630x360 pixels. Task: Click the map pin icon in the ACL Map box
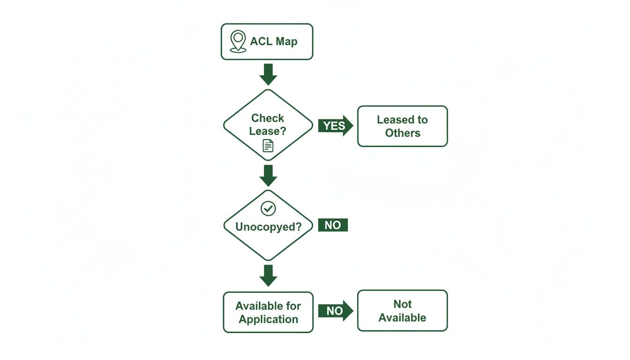(x=238, y=41)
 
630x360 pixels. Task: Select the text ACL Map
(x=273, y=42)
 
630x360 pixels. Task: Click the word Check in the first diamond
(x=268, y=118)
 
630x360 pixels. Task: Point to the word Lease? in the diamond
(x=268, y=131)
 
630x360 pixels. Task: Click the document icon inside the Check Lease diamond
(x=268, y=146)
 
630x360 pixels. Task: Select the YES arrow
(x=335, y=126)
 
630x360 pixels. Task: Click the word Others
(x=403, y=133)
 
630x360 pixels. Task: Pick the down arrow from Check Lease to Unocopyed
(x=268, y=175)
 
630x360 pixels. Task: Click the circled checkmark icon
(x=268, y=209)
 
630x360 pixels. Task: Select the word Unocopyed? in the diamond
(x=268, y=227)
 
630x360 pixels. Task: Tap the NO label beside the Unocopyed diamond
(x=333, y=225)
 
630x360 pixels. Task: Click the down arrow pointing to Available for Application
(x=268, y=276)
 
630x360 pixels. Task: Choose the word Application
(x=268, y=320)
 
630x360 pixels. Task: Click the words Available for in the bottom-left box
(x=268, y=307)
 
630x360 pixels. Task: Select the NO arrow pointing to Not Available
(x=335, y=311)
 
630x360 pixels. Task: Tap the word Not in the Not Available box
(x=402, y=304)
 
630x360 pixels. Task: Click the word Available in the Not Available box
(x=402, y=318)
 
